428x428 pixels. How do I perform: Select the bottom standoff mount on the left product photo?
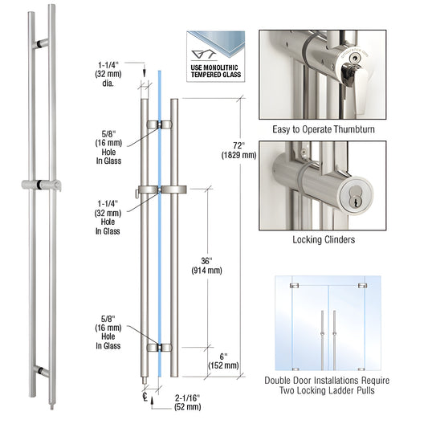click(x=40, y=371)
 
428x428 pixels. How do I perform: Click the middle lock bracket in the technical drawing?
click(x=161, y=190)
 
